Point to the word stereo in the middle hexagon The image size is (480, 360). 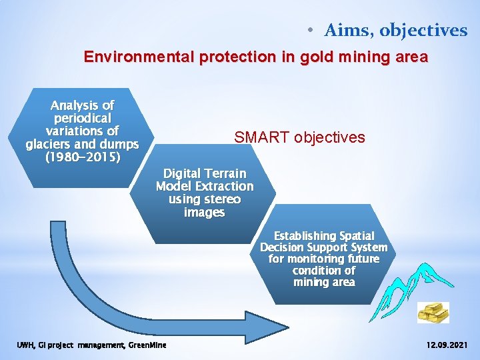tap(221, 199)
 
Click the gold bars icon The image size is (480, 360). tap(433, 312)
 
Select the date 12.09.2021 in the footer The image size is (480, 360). tap(446, 345)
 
